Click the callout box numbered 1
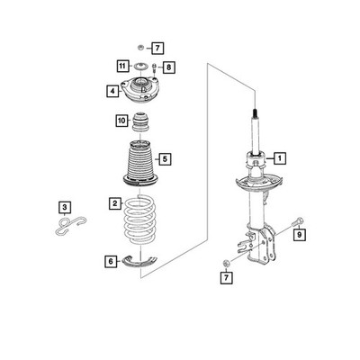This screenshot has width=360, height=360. tap(280, 157)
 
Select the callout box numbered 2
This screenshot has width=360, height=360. tap(115, 203)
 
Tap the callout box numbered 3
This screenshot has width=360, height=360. tap(65, 207)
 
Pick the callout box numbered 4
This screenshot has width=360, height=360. tap(112, 91)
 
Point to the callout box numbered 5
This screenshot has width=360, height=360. tap(165, 159)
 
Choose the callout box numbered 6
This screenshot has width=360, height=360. tap(111, 261)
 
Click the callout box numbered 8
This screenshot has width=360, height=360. tap(168, 67)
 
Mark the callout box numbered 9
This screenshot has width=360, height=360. tap(300, 235)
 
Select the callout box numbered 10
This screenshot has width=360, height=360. tap(122, 121)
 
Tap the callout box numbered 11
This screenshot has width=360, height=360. tap(122, 66)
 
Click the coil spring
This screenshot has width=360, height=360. tap(140, 220)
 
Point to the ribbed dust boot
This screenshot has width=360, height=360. tap(140, 164)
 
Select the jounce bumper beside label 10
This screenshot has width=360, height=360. tap(141, 121)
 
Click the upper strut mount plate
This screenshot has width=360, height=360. tap(139, 90)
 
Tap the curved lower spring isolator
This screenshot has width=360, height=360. tap(139, 262)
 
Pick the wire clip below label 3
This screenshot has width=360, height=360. tap(71, 225)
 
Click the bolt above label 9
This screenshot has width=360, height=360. tap(298, 222)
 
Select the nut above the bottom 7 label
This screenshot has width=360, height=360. tap(226, 264)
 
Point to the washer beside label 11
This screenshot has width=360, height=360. tap(139, 67)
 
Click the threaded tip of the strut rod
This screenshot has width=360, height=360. tap(255, 113)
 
